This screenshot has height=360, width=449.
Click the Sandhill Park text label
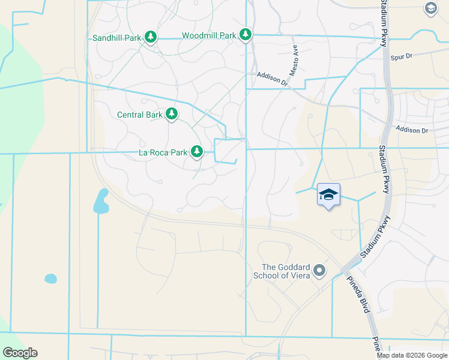[x=117, y=38]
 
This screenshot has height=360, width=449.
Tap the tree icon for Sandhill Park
[x=151, y=38]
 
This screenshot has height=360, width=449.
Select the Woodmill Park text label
[x=209, y=35]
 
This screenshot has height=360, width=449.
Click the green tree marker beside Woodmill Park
[x=245, y=35]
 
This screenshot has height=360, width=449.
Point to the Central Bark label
[x=140, y=114]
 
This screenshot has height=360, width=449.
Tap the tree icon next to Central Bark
[x=172, y=114]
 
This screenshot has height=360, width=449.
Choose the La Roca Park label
[x=163, y=152]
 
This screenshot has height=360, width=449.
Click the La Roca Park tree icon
[x=197, y=152]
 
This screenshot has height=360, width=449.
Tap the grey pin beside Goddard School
[x=319, y=271]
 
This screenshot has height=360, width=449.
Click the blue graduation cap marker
[x=328, y=195]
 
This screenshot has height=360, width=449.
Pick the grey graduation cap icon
[x=430, y=8]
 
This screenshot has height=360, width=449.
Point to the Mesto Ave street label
[x=294, y=59]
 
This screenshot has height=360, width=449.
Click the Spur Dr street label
[x=401, y=58]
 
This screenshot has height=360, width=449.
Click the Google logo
[x=20, y=353]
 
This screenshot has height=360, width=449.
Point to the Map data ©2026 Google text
[x=412, y=355]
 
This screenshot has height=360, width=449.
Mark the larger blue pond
[x=101, y=202]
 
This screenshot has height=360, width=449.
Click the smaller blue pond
[x=50, y=278]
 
